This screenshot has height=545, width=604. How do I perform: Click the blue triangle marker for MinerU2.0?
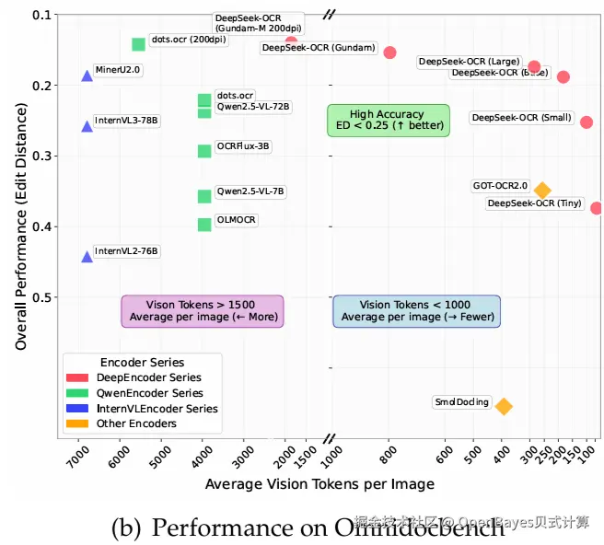point(87,75)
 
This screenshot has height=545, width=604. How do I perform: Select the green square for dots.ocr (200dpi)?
point(138,44)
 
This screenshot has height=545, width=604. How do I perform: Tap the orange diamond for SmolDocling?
point(504,406)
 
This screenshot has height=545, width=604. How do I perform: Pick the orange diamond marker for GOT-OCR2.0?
point(542,191)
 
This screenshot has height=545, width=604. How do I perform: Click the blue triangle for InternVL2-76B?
point(87,257)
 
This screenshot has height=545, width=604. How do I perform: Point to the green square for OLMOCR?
point(204,225)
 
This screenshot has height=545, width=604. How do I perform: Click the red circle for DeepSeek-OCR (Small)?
point(587,122)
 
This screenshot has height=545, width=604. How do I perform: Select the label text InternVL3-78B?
point(126,121)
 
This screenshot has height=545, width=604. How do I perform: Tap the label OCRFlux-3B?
point(243,146)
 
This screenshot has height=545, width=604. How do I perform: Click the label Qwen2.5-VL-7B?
point(250,191)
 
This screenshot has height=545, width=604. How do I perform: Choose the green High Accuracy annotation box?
point(388,121)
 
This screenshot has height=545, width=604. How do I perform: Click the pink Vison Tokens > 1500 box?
point(203,310)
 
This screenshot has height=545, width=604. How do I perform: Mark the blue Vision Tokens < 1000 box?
point(416,310)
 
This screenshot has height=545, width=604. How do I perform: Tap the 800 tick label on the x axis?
point(389,453)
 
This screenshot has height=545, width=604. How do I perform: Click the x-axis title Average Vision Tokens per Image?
point(319,484)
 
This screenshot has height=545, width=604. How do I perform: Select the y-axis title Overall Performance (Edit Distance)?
point(20,226)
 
